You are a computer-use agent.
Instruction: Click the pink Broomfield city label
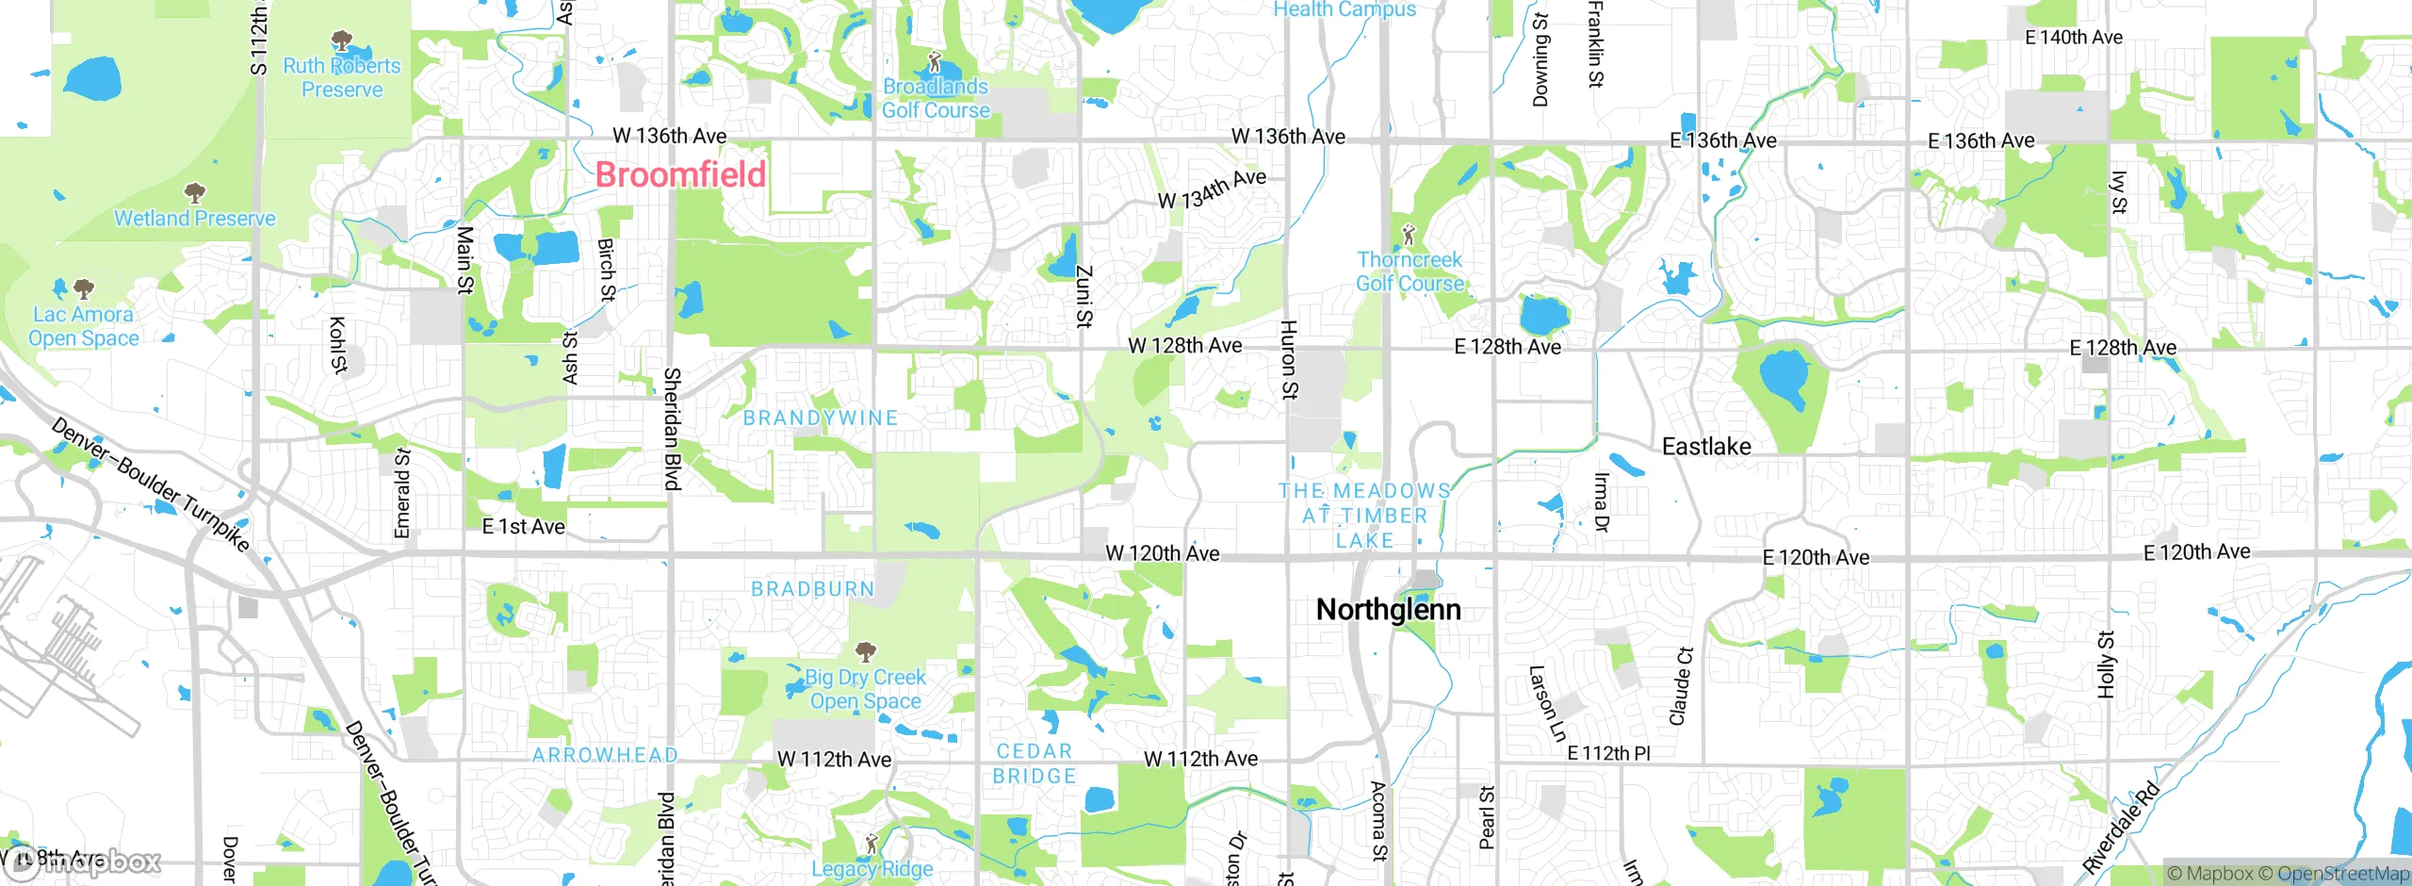tap(680, 174)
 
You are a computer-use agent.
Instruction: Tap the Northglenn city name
tap(1388, 610)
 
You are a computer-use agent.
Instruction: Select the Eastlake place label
tap(1706, 447)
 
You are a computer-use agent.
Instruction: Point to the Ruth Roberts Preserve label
tap(342, 77)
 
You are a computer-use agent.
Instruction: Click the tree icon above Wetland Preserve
tap(195, 193)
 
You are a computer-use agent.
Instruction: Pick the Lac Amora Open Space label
tap(84, 326)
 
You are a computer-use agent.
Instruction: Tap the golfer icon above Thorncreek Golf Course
tap(1409, 234)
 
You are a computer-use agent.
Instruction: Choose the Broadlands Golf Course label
tap(936, 98)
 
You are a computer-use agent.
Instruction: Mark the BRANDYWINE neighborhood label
tap(821, 418)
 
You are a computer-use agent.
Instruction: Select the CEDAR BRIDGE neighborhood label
tap(1035, 763)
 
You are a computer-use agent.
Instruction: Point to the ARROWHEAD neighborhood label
tap(605, 755)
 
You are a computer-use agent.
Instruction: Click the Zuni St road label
tap(1084, 296)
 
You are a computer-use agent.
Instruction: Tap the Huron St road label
tap(1289, 359)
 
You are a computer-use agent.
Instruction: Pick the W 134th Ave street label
tap(1212, 189)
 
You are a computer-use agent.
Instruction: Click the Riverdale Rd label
tap(2120, 828)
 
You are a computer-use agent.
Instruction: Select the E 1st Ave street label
tap(523, 527)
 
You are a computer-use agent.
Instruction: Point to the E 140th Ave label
tap(2074, 38)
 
